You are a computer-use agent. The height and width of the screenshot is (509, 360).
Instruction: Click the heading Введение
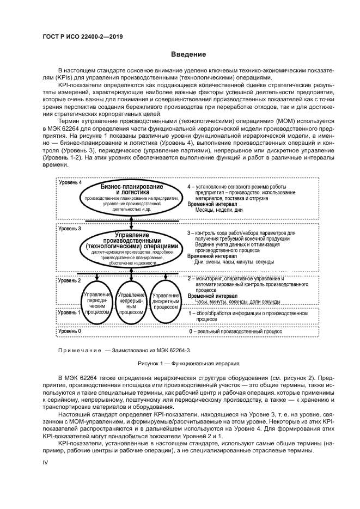click(188, 54)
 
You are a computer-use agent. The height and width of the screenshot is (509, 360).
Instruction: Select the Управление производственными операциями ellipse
click(132, 249)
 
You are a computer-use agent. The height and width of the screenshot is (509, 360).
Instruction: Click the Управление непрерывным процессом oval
click(131, 303)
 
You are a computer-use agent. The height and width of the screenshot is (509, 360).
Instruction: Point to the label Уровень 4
click(70, 182)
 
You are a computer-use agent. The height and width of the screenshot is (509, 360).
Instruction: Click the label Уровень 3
click(70, 229)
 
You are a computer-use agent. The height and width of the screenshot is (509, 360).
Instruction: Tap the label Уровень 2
click(70, 281)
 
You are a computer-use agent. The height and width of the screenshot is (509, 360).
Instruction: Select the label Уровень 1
click(70, 312)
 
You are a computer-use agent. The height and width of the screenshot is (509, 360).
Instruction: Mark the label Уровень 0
click(70, 330)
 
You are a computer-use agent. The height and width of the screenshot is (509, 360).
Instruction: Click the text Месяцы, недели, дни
click(219, 210)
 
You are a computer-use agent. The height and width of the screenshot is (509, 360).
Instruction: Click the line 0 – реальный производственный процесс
click(235, 331)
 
